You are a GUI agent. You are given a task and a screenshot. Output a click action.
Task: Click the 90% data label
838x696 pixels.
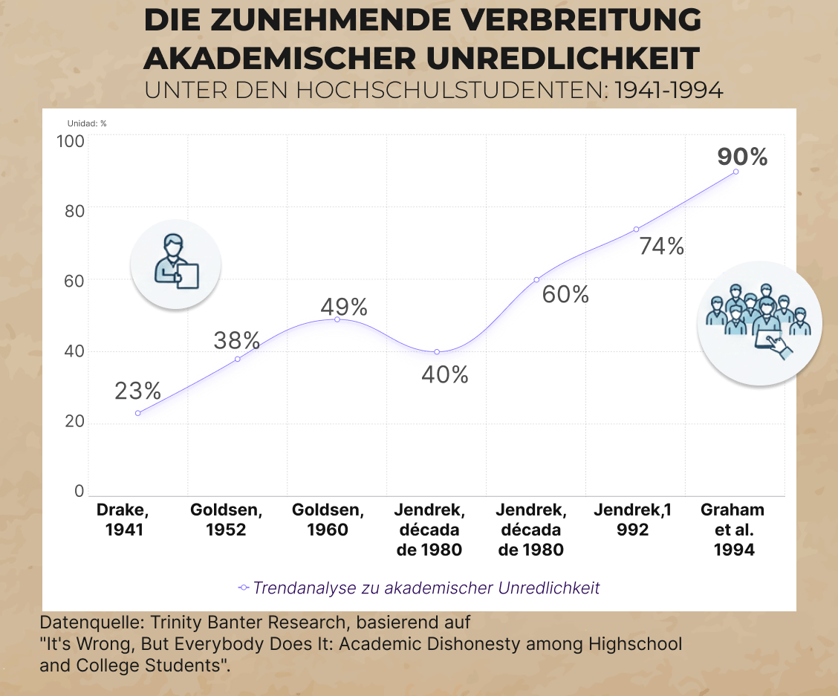click(742, 157)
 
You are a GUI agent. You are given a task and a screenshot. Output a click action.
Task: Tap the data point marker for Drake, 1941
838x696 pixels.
click(138, 413)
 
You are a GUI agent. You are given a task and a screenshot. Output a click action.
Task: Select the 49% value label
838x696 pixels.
click(344, 307)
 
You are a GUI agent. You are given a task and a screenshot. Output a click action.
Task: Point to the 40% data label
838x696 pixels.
click(445, 375)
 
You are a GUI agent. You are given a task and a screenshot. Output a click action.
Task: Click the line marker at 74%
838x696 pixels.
click(636, 230)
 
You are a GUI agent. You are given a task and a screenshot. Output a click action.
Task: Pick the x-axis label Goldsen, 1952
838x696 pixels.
click(226, 520)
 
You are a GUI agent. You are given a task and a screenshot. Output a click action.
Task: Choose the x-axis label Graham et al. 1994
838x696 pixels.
click(733, 530)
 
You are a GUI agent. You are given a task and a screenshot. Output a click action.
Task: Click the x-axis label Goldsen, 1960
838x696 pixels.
click(328, 520)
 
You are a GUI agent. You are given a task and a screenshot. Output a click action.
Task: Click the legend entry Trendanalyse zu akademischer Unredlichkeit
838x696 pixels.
click(426, 588)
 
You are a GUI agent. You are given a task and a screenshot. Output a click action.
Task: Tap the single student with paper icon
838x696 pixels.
click(176, 264)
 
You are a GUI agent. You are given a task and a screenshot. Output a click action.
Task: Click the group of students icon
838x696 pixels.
click(759, 323)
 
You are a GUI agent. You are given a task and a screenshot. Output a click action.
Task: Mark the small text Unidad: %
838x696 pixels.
click(87, 123)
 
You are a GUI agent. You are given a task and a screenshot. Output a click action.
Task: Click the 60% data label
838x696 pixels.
click(565, 295)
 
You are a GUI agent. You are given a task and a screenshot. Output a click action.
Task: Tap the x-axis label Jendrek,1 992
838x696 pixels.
click(632, 520)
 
